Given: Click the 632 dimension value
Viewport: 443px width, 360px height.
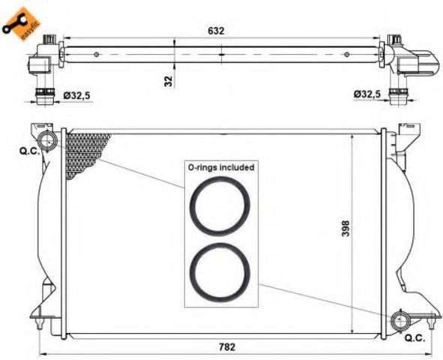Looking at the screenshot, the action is pos(216,31).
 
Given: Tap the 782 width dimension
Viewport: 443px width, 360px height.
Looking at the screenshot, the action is pos(227,346).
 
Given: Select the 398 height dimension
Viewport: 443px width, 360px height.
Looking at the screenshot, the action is pos(346,228).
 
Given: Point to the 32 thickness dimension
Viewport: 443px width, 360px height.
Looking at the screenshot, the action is pos(169,82).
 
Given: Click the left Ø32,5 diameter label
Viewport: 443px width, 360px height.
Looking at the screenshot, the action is pos(76,95).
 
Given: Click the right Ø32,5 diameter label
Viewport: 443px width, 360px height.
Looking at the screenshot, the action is pos(367,94).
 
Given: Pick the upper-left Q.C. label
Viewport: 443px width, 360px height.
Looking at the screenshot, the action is pos(29,151).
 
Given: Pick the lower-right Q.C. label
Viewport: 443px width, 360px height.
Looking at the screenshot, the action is pos(415,338).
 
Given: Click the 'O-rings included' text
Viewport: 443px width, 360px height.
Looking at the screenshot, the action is pos(221,167).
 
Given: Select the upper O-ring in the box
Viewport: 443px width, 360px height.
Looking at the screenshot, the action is pos(220,206).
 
